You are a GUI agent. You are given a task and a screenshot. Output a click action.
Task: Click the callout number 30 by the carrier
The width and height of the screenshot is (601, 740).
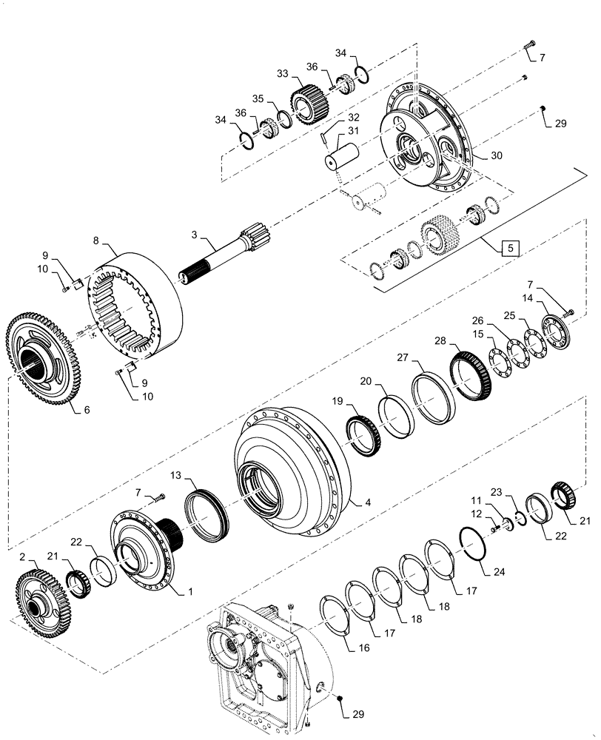(x=496, y=157)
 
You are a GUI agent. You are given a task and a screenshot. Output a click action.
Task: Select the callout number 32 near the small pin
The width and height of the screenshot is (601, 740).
(x=353, y=118)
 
